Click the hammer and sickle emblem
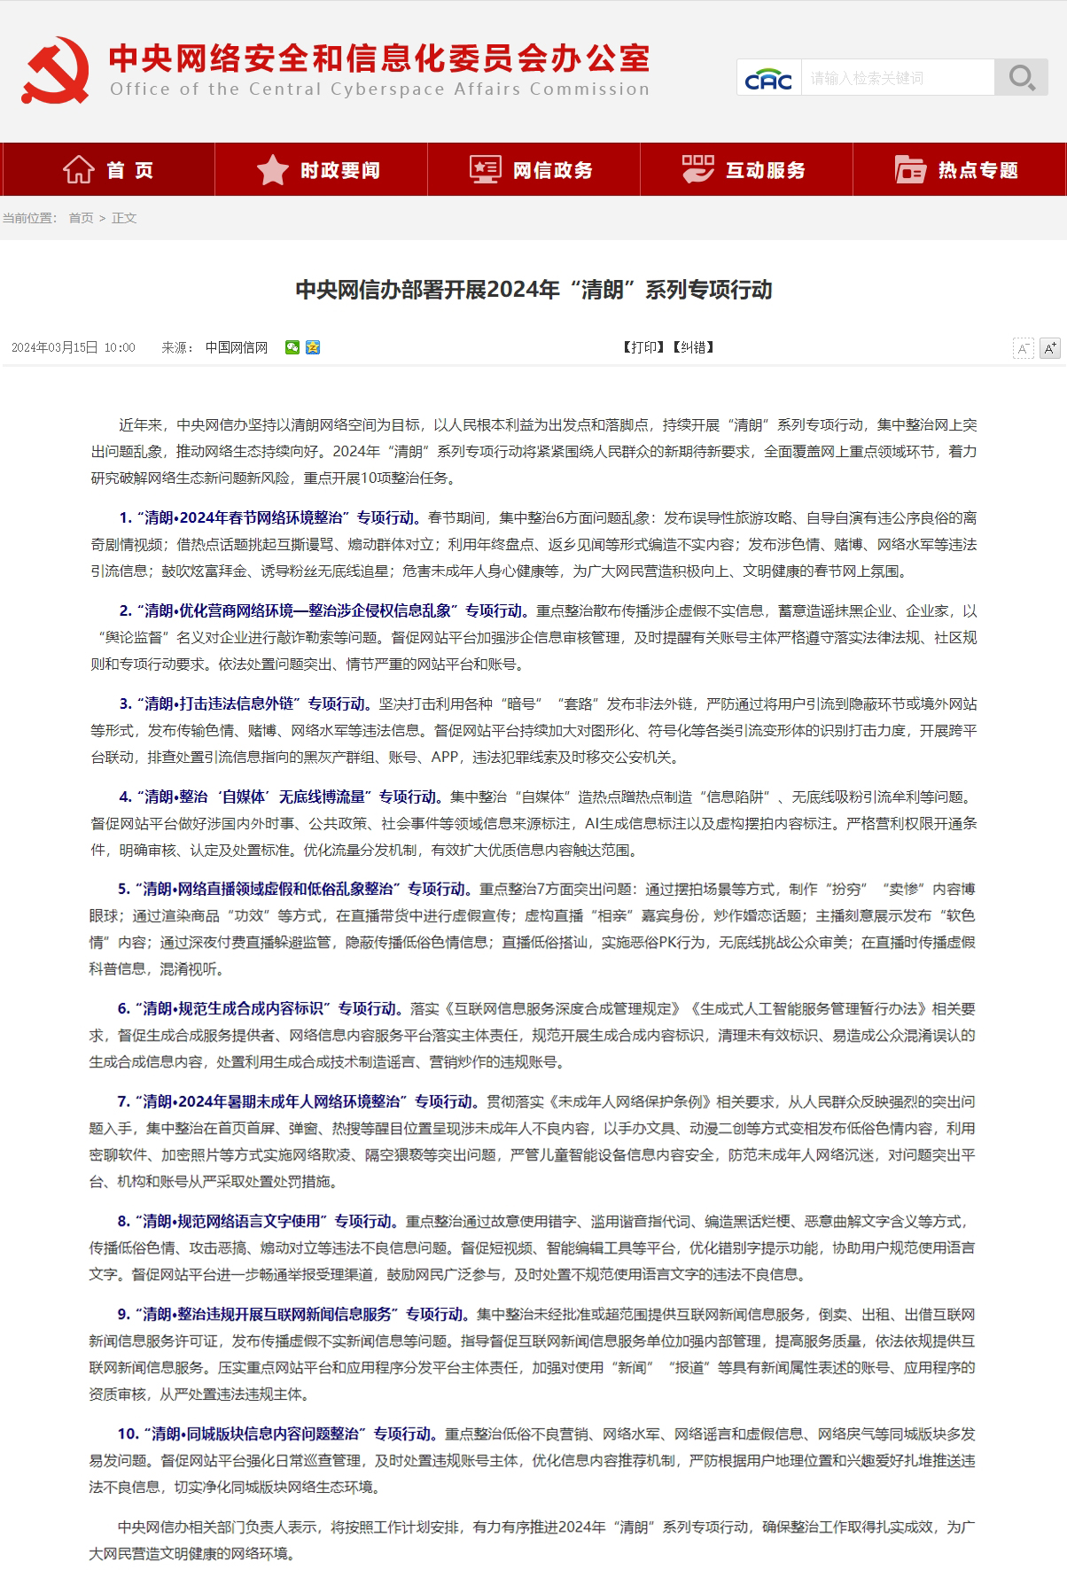pyautogui.click(x=55, y=70)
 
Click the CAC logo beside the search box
pyautogui.click(x=768, y=79)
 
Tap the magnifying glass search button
pyautogui.click(x=1021, y=78)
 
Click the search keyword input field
pyautogui.click(x=897, y=78)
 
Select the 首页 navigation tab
pyautogui.click(x=108, y=170)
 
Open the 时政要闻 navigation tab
pyautogui.click(x=321, y=170)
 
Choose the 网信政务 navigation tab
pyautogui.click(x=533, y=170)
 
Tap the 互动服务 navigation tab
pyautogui.click(x=746, y=170)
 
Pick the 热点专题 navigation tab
pyautogui.click(x=959, y=170)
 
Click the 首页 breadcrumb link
pyautogui.click(x=81, y=218)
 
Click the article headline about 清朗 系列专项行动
pyautogui.click(x=533, y=290)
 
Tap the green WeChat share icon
pyautogui.click(x=292, y=347)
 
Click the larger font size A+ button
pyautogui.click(x=1049, y=348)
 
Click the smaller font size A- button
pyautogui.click(x=1024, y=348)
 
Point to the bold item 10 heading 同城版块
pyautogui.click(x=276, y=1434)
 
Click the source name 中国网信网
pyautogui.click(x=237, y=347)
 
